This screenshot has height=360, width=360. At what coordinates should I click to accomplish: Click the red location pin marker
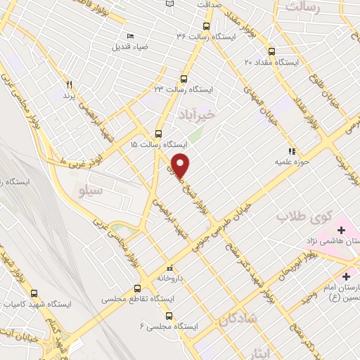(181, 165)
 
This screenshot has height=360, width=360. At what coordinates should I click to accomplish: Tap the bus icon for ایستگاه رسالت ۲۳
(184, 79)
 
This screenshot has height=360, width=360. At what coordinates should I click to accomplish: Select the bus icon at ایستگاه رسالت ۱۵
(158, 133)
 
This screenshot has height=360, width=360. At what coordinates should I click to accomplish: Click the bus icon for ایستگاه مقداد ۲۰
(271, 51)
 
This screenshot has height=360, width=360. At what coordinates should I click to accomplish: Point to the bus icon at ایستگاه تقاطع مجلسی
(137, 288)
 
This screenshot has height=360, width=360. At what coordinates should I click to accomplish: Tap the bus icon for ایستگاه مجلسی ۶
(176, 316)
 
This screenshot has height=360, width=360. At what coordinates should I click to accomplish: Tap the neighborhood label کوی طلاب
(302, 217)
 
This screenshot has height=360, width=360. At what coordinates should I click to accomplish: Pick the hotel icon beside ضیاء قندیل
(130, 36)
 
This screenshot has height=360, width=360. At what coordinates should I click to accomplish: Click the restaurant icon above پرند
(69, 84)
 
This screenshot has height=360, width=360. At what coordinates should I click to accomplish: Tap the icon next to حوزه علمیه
(291, 150)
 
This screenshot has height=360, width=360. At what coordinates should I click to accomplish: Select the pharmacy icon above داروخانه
(169, 268)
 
